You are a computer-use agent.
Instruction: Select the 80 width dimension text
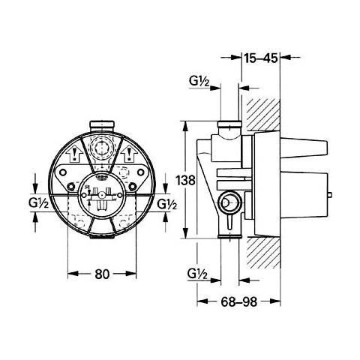point(102,274)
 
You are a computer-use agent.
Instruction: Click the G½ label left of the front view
point(38,204)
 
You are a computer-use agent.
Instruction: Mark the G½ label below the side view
point(198,274)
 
